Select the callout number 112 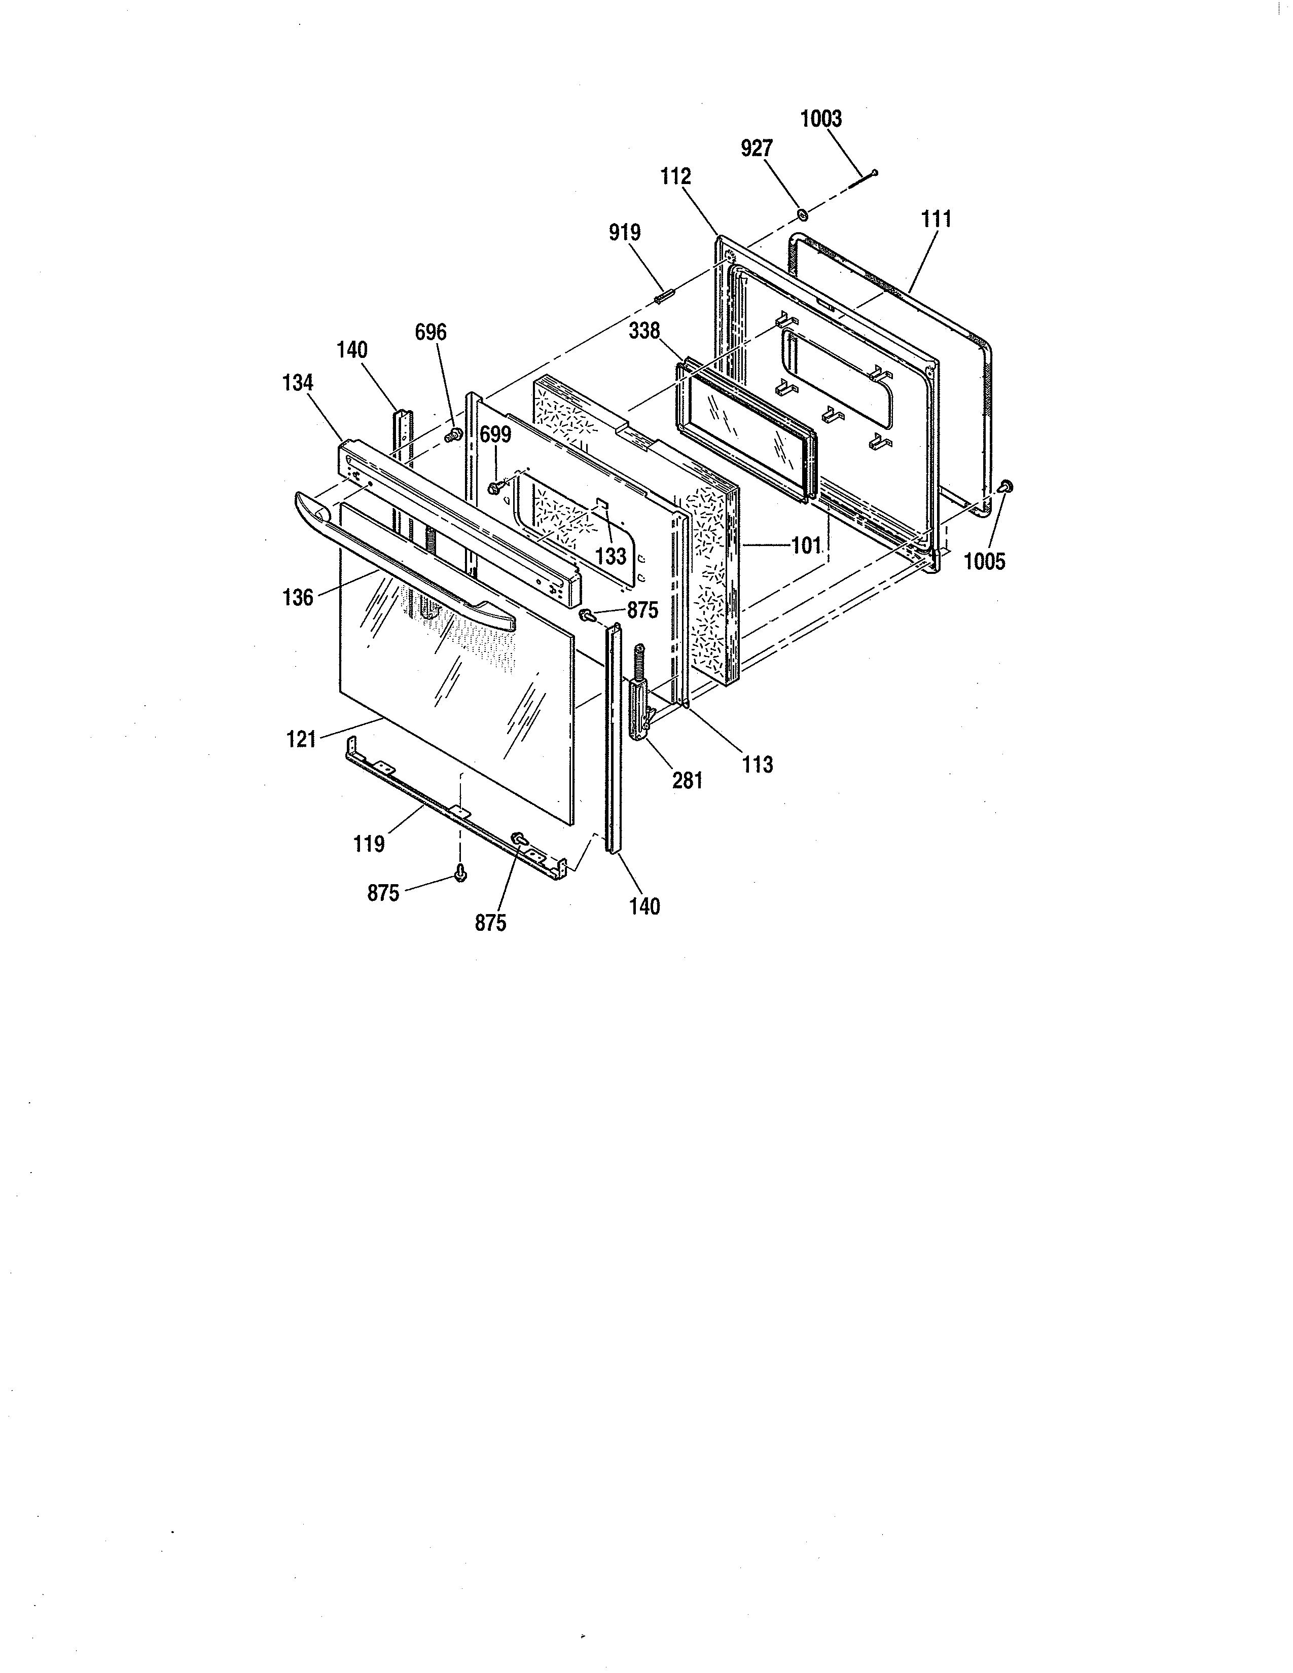click(x=675, y=177)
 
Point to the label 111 click(x=936, y=220)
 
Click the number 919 click(x=624, y=233)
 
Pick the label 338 click(x=643, y=331)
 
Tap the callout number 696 click(x=430, y=333)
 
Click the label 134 click(x=298, y=382)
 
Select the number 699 click(x=495, y=435)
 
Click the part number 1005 click(x=984, y=562)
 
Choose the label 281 click(x=687, y=781)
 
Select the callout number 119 click(x=369, y=844)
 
